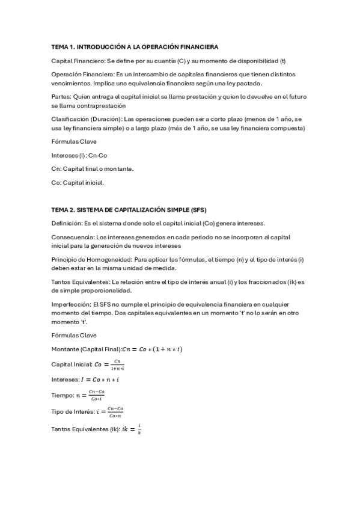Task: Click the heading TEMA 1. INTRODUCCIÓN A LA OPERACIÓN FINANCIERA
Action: pyautogui.click(x=135, y=46)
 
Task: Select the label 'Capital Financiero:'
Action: pyautogui.click(x=75, y=61)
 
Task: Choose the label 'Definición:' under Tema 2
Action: pyautogui.click(x=67, y=224)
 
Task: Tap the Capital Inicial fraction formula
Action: pyautogui.click(x=110, y=364)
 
